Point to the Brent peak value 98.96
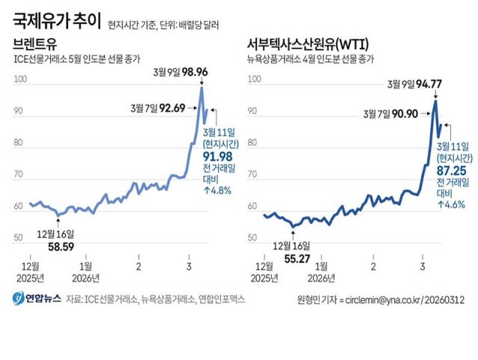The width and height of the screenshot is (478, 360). click(x=190, y=72)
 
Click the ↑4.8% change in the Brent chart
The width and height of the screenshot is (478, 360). click(x=218, y=190)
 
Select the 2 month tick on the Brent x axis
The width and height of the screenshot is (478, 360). click(x=138, y=265)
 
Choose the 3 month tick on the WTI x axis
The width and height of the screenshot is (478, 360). click(x=423, y=265)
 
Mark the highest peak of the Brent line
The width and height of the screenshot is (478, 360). click(x=202, y=87)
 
